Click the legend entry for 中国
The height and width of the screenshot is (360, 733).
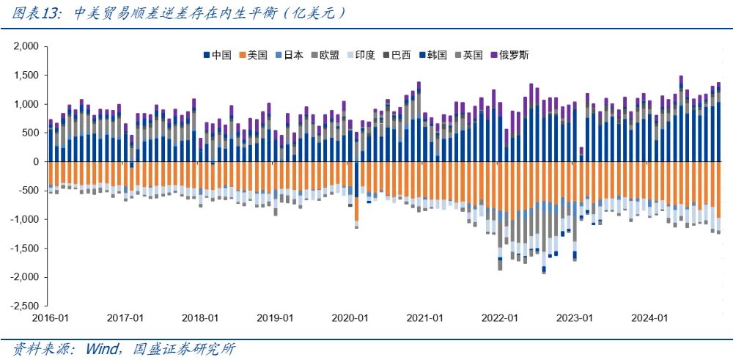coord(218,55)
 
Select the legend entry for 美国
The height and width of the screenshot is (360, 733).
coord(254,55)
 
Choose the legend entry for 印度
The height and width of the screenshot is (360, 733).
coord(361,55)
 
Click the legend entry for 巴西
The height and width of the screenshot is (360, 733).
coord(397,55)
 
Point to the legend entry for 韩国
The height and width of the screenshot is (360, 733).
coord(433,55)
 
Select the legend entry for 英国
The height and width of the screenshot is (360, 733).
coord(469,55)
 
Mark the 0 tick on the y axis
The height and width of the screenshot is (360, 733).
coord(35,161)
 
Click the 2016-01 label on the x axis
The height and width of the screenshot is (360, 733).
coord(51,318)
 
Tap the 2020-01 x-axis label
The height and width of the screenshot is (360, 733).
coord(350,318)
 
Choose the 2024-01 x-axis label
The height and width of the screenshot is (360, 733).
coord(649,318)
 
